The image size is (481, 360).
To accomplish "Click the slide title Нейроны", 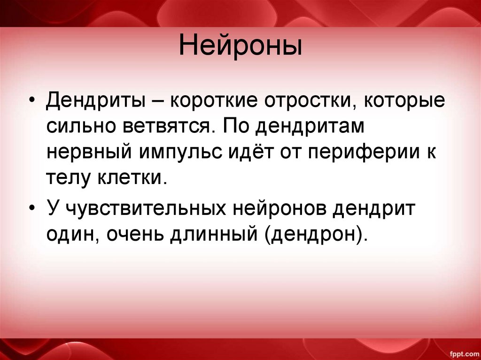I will click(x=240, y=48).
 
